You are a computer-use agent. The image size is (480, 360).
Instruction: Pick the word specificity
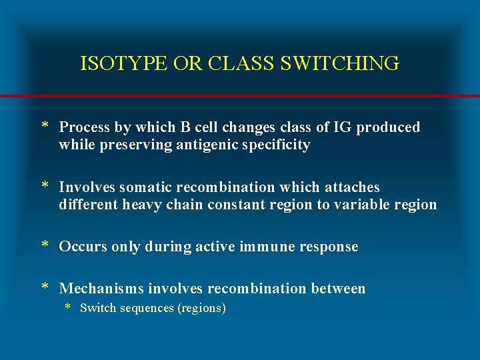277,145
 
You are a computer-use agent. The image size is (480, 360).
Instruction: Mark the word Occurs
82,247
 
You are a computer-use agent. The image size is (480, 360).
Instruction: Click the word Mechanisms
101,289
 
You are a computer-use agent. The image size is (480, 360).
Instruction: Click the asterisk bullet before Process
45,127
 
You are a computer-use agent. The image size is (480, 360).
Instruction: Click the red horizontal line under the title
240,96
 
